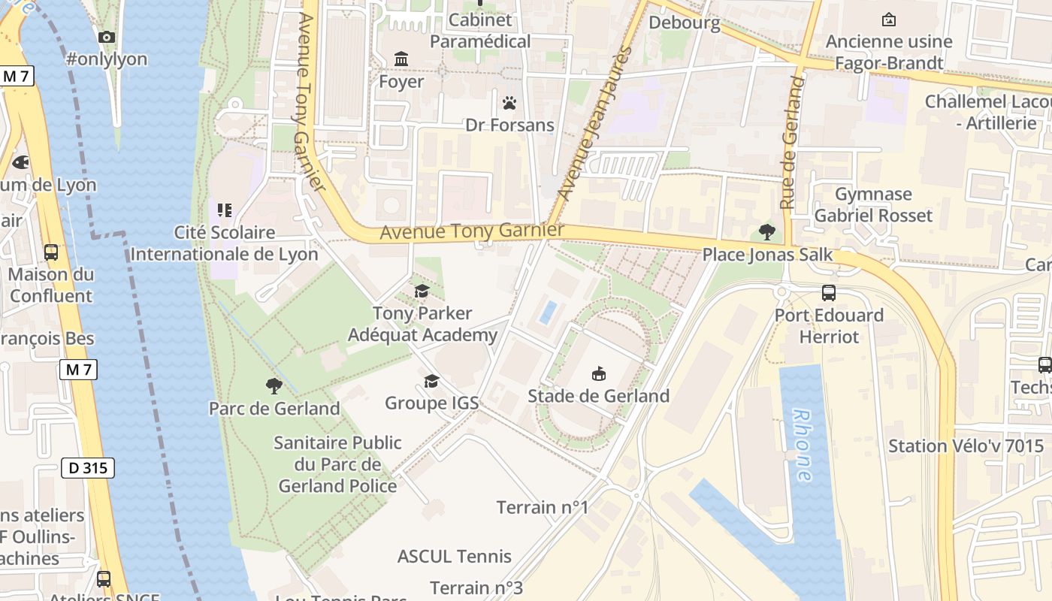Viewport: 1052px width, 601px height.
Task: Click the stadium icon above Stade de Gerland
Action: click(x=599, y=373)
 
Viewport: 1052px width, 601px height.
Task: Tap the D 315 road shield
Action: click(x=88, y=468)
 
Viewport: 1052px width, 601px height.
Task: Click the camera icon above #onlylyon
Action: click(x=107, y=37)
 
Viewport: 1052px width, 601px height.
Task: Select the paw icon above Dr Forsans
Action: click(x=509, y=103)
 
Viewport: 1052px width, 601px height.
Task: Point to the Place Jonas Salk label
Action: click(x=767, y=255)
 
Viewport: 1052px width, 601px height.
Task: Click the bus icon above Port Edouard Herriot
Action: click(x=829, y=293)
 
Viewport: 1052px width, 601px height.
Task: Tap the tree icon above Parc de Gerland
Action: click(x=274, y=386)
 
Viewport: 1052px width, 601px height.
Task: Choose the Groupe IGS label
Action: click(x=431, y=403)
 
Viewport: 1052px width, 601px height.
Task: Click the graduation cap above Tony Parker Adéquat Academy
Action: click(x=422, y=291)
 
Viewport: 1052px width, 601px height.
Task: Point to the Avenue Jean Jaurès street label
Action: click(x=594, y=124)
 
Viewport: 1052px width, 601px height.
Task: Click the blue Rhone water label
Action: click(x=803, y=445)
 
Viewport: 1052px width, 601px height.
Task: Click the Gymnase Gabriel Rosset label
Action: click(x=873, y=205)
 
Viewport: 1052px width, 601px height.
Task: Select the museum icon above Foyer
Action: click(x=401, y=59)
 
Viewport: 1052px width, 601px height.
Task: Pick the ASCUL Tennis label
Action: click(x=454, y=557)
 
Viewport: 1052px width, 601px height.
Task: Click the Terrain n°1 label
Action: click(x=542, y=507)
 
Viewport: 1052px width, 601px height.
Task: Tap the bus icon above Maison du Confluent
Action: click(x=51, y=252)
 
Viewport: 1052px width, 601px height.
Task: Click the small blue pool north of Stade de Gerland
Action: click(x=549, y=312)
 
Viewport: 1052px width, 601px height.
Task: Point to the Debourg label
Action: click(x=684, y=23)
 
